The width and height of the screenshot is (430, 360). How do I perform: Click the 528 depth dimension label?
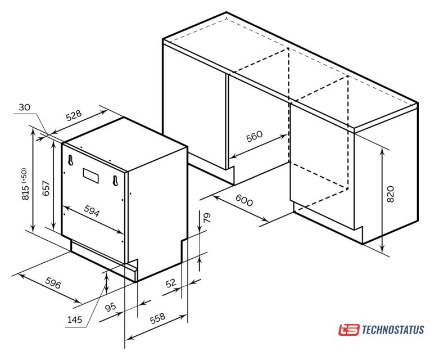(74, 115)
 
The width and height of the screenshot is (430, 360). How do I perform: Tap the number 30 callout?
(24, 107)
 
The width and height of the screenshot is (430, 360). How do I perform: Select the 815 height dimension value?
(25, 192)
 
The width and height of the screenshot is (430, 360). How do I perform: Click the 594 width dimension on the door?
(92, 211)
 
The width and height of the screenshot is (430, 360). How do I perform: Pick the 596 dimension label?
(53, 283)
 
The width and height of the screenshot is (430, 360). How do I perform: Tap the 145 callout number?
(75, 319)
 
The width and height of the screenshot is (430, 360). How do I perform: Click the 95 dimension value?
(111, 307)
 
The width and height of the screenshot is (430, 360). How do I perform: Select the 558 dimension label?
(158, 318)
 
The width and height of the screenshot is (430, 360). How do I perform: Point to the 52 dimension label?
(171, 282)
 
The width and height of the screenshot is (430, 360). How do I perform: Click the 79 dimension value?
(207, 218)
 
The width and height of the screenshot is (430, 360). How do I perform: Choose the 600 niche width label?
(244, 200)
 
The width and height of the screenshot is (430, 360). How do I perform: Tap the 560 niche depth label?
(254, 136)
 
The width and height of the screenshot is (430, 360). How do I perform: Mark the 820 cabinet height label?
(390, 194)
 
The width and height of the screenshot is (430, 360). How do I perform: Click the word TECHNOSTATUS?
(393, 330)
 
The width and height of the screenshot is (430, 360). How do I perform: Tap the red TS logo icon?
(348, 330)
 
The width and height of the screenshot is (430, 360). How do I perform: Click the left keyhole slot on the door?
(71, 160)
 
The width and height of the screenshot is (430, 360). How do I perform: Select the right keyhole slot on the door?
(115, 181)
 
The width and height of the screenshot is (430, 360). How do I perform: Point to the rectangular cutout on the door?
(91, 175)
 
